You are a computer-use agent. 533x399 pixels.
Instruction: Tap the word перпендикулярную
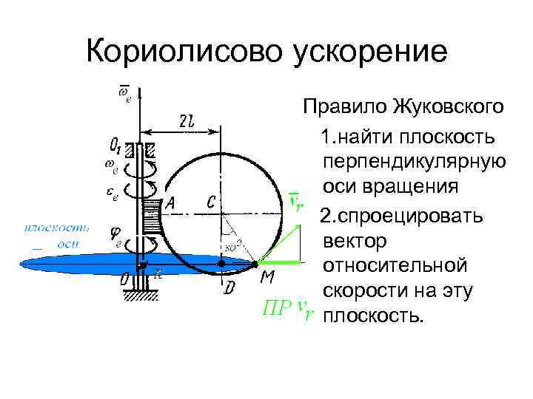tap(415, 162)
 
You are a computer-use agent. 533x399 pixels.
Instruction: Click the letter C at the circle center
tap(212, 202)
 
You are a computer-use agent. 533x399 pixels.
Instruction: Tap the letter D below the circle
tap(230, 288)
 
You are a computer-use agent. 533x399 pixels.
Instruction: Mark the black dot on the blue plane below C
tap(220, 263)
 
